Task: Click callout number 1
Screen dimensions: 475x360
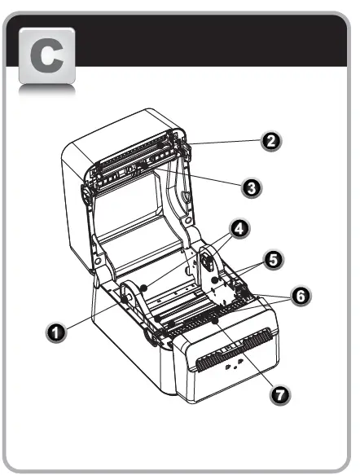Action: [x=55, y=332]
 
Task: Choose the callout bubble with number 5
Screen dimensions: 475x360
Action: [x=274, y=261]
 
